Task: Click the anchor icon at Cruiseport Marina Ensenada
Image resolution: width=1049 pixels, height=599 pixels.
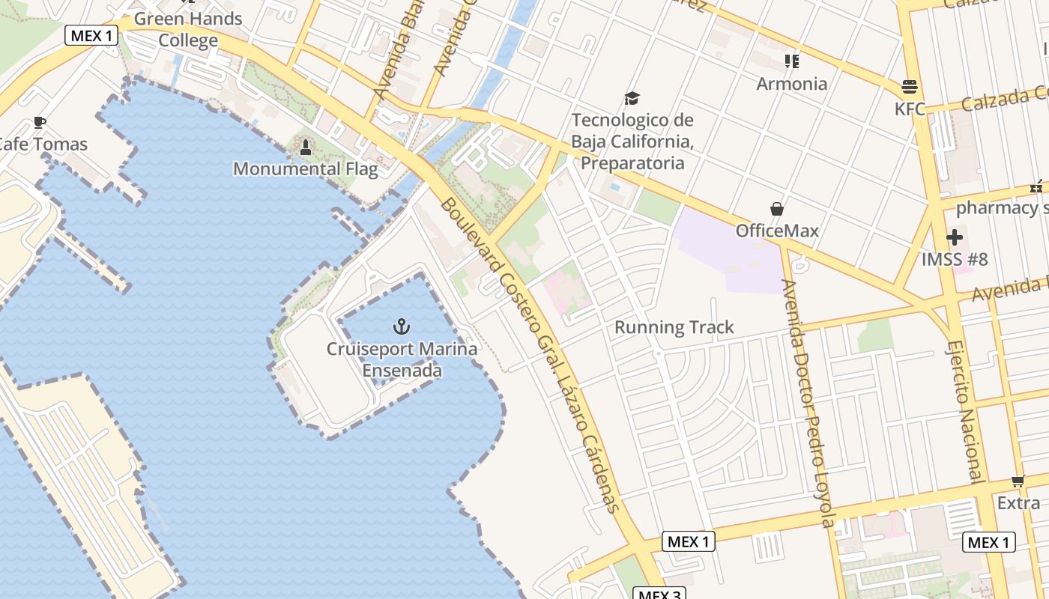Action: click(402, 326)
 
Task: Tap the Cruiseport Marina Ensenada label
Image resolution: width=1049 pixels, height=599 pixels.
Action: click(402, 359)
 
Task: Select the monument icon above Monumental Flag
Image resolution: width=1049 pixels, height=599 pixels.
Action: click(305, 148)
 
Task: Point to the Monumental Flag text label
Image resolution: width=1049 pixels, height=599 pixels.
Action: click(305, 168)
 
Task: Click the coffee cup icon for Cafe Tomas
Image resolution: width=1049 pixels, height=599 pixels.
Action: click(40, 123)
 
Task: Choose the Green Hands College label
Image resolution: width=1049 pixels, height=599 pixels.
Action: click(188, 29)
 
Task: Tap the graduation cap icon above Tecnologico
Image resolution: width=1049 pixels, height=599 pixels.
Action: click(632, 98)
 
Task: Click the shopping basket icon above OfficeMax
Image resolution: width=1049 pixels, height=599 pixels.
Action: click(777, 209)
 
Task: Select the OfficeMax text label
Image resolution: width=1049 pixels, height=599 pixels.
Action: click(777, 231)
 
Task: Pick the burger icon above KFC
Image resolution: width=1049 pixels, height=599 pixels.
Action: click(910, 87)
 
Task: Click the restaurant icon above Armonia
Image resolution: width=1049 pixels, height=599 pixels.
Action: click(791, 61)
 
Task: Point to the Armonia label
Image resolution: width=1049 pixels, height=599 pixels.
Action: click(791, 83)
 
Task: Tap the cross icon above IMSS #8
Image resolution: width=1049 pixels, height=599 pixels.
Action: click(955, 238)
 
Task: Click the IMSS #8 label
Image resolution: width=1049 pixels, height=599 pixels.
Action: click(955, 260)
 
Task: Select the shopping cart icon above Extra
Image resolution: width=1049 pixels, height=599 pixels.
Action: click(1018, 481)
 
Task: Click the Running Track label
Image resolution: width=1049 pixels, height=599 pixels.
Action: click(674, 327)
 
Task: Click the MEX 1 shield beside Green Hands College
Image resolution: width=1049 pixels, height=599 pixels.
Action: click(91, 35)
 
